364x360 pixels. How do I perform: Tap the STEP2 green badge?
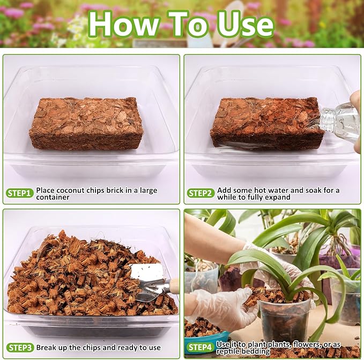(x=201, y=193)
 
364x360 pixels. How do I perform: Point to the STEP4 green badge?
(x=200, y=347)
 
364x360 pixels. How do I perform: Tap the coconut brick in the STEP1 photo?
(x=86, y=123)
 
